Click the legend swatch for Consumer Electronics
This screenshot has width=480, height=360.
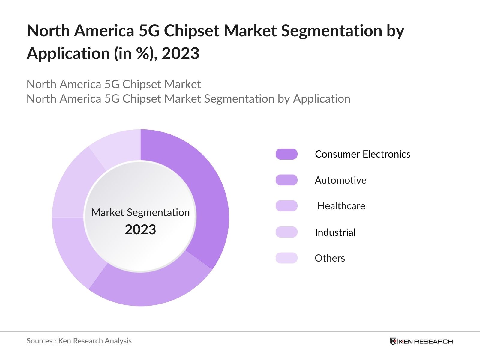(x=286, y=154)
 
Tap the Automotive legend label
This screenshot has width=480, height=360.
(x=340, y=180)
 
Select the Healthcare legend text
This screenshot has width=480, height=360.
(x=341, y=206)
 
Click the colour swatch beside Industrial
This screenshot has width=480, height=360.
(x=286, y=232)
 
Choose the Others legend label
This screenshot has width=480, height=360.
(x=330, y=258)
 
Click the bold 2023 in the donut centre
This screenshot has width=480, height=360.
(x=140, y=230)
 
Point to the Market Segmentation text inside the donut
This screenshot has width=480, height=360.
(x=140, y=212)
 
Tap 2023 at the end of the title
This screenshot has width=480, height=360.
(x=180, y=54)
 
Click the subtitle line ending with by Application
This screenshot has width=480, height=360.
(x=188, y=99)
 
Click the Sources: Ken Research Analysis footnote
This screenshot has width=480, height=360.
(x=79, y=341)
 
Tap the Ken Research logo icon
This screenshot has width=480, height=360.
(x=393, y=341)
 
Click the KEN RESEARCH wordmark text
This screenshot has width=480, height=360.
(x=425, y=341)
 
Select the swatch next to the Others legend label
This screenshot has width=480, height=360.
(x=286, y=258)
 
